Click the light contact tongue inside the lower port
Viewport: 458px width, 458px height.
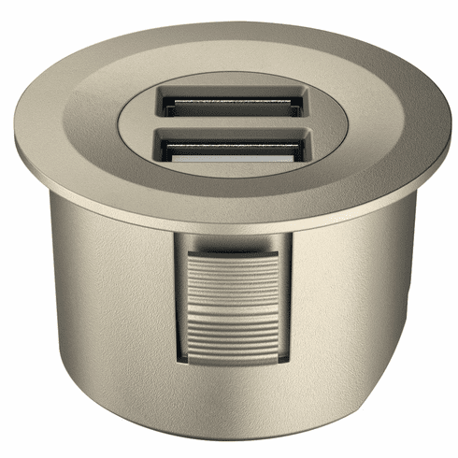[229, 156]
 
